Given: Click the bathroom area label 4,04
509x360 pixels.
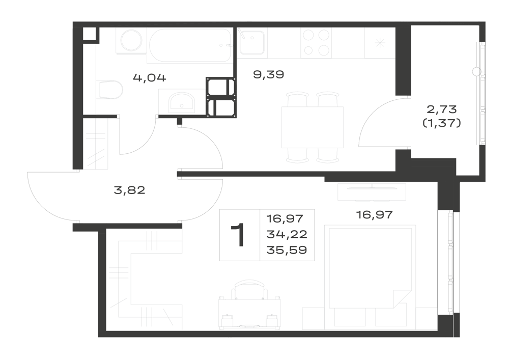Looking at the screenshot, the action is point(150,78).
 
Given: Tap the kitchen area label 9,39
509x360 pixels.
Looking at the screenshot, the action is point(268,75).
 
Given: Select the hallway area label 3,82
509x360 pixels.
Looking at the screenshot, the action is point(129,190).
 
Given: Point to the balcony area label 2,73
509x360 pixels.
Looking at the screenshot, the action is point(442,109).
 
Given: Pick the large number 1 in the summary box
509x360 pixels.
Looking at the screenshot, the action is point(239,235).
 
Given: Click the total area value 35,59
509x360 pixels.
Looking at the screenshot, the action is point(287,250).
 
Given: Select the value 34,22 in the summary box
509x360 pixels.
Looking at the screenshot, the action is point(287,234).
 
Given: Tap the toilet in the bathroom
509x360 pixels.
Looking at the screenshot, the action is point(110,90).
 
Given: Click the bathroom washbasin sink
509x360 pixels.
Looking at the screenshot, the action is point(181,101).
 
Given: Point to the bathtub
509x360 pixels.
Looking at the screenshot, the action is point(190,45).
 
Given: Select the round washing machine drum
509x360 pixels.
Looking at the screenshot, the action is point(131,40).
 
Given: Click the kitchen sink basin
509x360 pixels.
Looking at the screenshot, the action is point(252,42).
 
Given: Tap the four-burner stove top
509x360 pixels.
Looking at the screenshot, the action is point(316,43).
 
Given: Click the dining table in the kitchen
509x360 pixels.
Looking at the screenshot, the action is point(313,127).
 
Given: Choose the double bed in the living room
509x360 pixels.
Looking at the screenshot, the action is point(370,267).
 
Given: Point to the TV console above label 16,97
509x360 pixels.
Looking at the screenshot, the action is point(372,192).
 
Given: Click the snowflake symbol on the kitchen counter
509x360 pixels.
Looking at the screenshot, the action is point(380,43).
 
